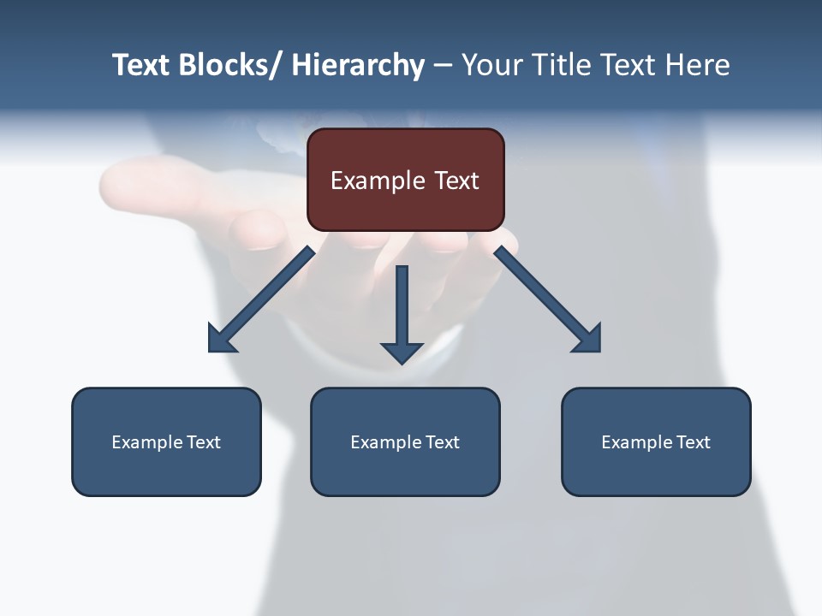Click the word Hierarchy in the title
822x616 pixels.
coord(357,65)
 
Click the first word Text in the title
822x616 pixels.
coord(141,65)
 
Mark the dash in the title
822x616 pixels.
coord(442,66)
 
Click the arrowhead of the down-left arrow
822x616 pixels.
coord(221,339)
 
